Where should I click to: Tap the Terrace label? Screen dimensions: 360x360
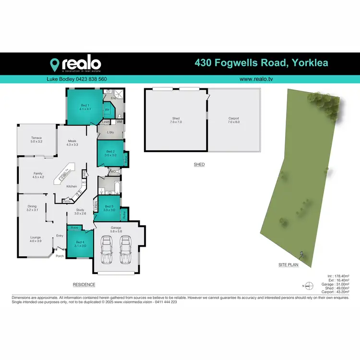coord(37,140)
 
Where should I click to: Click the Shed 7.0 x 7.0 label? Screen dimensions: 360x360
coord(176,120)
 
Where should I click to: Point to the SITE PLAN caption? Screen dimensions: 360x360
coord(288,264)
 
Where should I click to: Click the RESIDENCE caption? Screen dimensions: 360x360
coord(84,285)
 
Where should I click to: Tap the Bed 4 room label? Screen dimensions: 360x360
coord(80,244)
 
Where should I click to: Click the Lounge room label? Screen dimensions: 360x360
coord(36,239)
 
